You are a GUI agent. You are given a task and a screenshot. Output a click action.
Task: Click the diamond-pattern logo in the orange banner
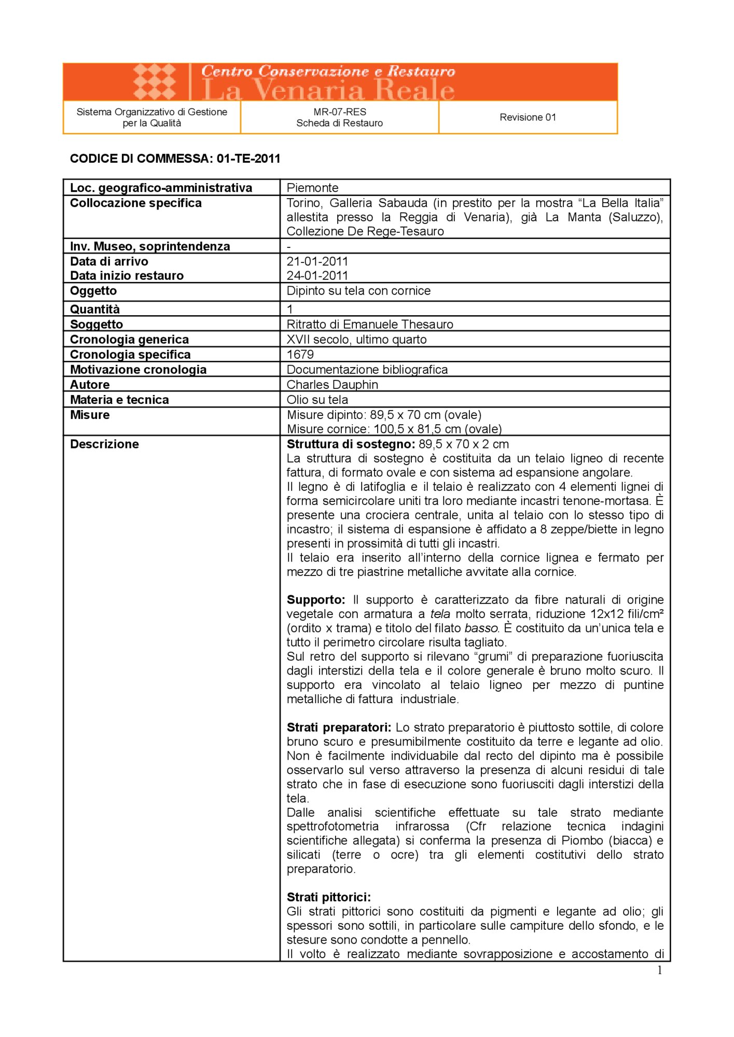(155, 81)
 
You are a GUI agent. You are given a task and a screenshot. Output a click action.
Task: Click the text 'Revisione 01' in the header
(528, 117)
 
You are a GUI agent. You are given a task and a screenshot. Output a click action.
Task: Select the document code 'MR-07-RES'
(339, 111)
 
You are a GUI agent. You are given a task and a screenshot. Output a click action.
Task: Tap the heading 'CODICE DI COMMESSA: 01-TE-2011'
(175, 159)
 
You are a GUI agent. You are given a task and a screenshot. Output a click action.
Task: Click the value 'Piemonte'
(312, 188)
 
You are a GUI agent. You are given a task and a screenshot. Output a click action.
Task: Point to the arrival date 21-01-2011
(317, 261)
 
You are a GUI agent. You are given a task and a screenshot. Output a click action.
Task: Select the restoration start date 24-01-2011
(317, 275)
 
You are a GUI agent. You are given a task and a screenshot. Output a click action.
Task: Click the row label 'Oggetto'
(93, 291)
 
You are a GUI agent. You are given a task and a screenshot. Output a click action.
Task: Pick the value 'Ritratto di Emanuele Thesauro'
(370, 324)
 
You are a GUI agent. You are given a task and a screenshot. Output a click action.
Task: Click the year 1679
(300, 354)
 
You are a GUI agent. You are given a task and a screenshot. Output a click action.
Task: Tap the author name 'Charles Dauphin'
(332, 384)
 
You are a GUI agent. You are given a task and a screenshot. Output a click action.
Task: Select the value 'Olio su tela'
(317, 399)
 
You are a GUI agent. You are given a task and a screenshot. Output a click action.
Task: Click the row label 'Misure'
(90, 415)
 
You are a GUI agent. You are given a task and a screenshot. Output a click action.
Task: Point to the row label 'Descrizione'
(104, 444)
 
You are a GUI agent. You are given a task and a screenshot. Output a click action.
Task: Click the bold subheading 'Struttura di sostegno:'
(351, 444)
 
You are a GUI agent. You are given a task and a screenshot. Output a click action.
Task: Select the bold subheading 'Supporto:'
(316, 599)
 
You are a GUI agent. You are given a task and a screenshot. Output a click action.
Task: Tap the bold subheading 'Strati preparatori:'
(339, 727)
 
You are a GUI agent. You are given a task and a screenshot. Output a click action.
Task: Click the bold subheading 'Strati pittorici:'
(329, 896)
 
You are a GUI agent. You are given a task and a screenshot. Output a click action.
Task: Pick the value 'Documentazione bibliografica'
(367, 369)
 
